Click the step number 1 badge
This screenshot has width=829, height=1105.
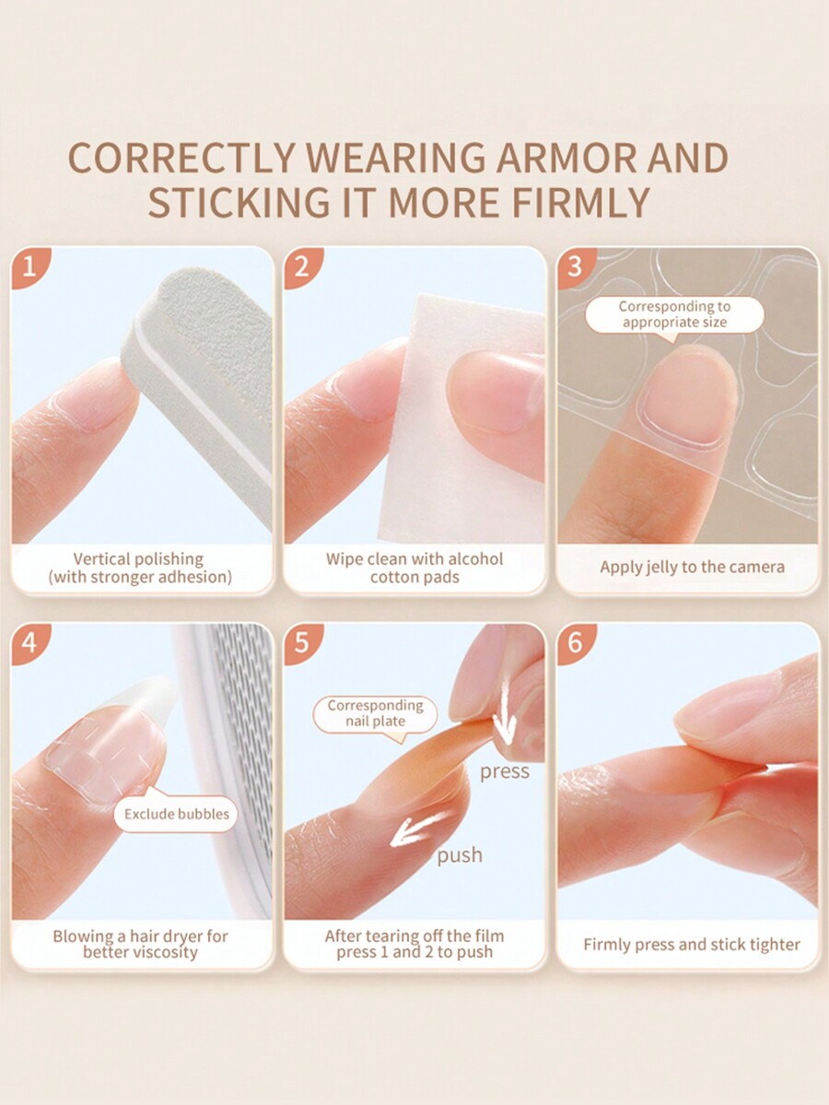[29, 266]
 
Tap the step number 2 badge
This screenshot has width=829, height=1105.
[301, 266]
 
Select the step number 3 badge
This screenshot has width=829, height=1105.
[575, 266]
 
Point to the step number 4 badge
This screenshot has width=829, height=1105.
[29, 642]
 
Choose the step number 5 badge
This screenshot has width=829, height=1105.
[301, 642]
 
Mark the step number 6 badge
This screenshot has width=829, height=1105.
[575, 642]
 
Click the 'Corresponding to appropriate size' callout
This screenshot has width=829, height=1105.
[674, 315]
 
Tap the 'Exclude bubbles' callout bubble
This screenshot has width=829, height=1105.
[176, 813]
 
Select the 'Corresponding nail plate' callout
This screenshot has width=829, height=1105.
[376, 714]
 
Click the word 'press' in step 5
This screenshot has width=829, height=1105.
[504, 772]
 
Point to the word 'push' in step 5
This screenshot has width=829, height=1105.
[460, 855]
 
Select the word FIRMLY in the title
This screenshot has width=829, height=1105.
[580, 202]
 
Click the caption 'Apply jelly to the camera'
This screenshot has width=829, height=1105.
[692, 568]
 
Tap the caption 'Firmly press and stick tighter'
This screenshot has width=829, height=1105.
[692, 945]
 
